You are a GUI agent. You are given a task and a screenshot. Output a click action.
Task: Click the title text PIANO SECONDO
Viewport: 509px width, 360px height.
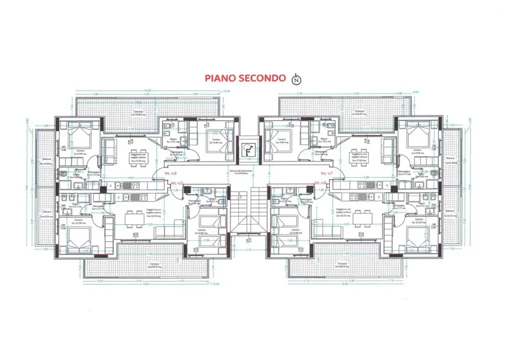(244, 78)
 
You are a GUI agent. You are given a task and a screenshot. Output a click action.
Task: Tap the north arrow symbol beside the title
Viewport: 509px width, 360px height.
(297, 78)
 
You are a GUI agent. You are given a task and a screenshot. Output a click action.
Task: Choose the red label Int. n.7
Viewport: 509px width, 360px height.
(327, 173)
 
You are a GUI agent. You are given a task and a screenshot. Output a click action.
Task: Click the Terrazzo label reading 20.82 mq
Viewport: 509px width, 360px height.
(138, 113)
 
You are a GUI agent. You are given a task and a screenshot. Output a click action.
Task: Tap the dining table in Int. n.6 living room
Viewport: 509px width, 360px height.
(134, 153)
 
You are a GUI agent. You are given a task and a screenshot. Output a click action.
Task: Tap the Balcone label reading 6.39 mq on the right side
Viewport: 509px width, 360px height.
(451, 162)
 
